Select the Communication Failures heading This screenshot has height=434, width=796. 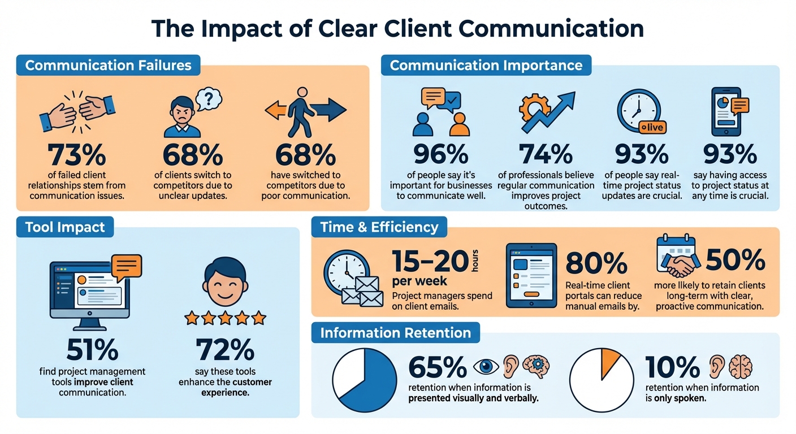108,65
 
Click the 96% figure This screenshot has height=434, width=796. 441,154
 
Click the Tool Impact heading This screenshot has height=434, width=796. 65,227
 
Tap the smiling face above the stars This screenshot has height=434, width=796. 225,283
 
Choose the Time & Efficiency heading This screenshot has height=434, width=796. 379,227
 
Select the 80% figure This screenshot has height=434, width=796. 596,263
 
